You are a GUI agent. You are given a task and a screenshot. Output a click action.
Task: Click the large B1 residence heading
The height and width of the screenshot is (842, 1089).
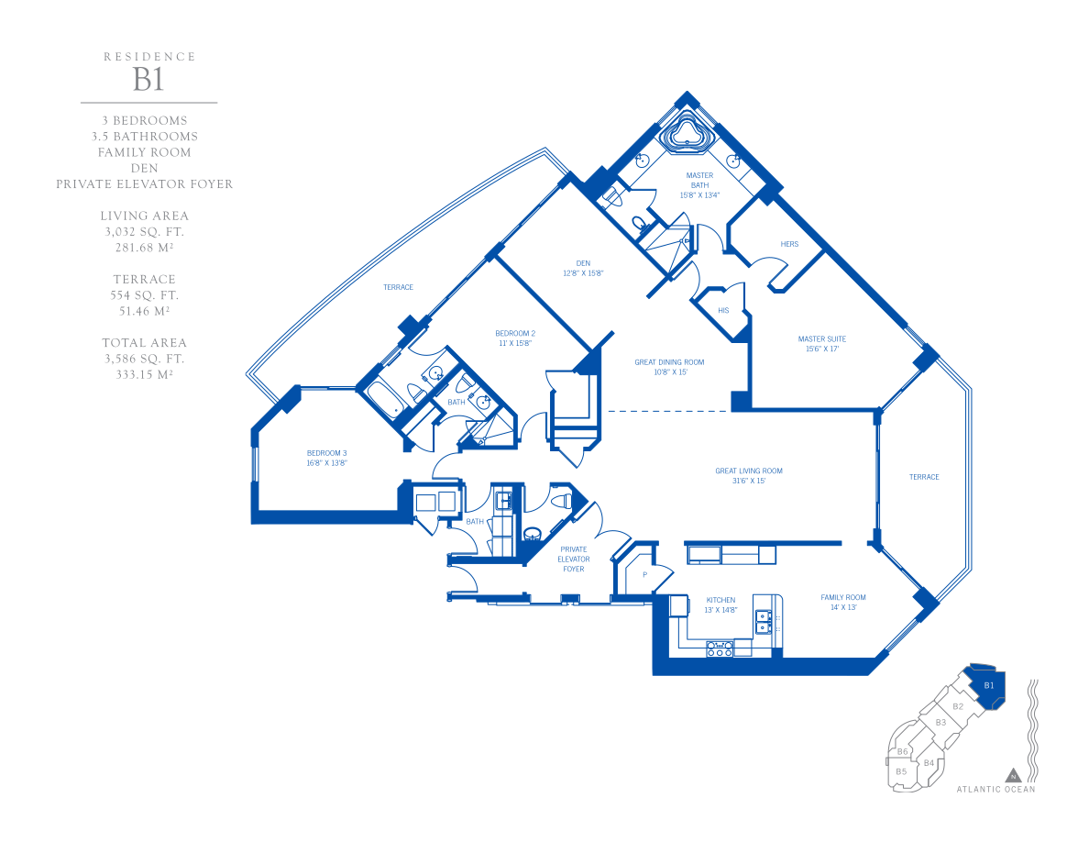point(148,80)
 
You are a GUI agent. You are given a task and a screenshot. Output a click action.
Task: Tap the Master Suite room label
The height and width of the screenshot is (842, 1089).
point(821,344)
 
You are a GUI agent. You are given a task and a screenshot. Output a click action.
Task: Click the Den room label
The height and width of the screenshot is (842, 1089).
point(583,268)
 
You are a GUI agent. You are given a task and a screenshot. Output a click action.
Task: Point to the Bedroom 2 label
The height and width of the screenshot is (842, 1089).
point(515,338)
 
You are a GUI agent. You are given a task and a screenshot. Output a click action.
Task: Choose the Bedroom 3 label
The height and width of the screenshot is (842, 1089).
point(326,458)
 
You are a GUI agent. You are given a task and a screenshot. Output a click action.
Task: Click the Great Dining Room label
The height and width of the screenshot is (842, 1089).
point(669,367)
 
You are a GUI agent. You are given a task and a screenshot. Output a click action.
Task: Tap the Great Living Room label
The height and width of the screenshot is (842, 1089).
point(749,475)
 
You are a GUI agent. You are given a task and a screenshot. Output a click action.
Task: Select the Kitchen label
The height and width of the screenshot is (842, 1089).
point(720,604)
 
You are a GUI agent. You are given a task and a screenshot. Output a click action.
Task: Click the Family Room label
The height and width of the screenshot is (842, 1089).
point(843,602)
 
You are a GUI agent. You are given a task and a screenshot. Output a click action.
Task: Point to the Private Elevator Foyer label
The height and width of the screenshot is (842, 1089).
point(574,559)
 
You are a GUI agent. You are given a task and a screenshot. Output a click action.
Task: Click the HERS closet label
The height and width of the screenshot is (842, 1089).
point(789,244)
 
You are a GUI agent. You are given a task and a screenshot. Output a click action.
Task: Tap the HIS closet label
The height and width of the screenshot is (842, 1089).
point(723,311)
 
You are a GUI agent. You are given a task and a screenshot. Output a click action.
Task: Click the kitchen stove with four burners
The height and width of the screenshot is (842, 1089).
point(720,648)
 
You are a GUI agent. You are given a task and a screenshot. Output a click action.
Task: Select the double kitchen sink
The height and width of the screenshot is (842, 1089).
point(764,621)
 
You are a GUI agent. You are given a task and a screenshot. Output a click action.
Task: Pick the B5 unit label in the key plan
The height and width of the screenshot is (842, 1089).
point(901,771)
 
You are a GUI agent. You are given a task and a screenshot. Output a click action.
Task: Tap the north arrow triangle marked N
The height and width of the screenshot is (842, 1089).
point(1013,775)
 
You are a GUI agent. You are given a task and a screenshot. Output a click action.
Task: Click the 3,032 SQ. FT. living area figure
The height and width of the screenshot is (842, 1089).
point(145,232)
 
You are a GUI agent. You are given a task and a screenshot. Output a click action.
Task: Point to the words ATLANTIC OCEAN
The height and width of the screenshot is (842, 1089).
point(995,789)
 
